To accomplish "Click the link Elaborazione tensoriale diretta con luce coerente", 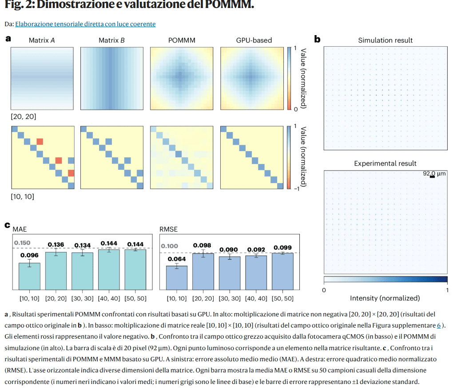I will click(x=85, y=24).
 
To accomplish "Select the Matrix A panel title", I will click(x=42, y=40).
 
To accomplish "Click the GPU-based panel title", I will click(x=254, y=40).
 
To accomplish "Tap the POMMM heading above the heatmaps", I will click(x=182, y=40).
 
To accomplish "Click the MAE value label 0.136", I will click(x=56, y=244).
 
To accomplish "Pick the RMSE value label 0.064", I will click(x=176, y=259).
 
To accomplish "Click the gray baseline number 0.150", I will click(x=22, y=243).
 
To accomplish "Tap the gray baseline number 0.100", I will click(x=169, y=246).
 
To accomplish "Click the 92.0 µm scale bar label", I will click(x=434, y=174).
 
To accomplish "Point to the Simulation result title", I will click(x=385, y=40).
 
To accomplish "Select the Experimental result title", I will click(x=385, y=164).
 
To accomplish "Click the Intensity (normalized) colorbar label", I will click(x=385, y=298).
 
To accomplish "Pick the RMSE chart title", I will click(x=168, y=229).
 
